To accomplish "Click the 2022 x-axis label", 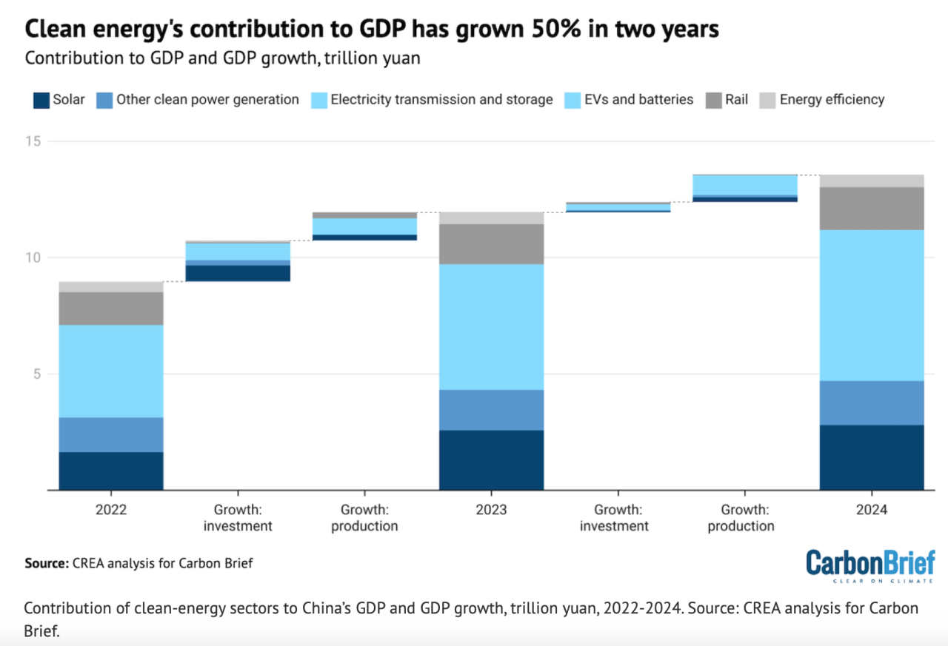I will click(111, 510).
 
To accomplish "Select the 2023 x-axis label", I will click(491, 510).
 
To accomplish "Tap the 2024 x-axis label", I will click(871, 510).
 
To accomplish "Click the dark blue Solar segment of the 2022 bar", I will click(111, 471).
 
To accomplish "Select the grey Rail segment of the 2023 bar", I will click(491, 243).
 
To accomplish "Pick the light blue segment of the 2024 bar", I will click(871, 305).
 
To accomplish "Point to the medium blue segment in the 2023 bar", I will click(491, 409).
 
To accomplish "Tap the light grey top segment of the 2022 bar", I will click(111, 286).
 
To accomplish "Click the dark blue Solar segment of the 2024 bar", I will click(871, 457).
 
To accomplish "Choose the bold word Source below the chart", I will click(47, 563).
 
